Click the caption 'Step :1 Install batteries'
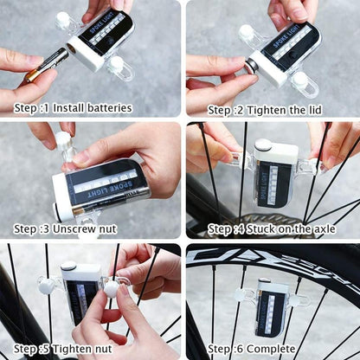click(x=73, y=108)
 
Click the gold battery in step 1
click(x=47, y=65)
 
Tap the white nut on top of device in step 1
click(x=63, y=18)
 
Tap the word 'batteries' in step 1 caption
click(x=103, y=108)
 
